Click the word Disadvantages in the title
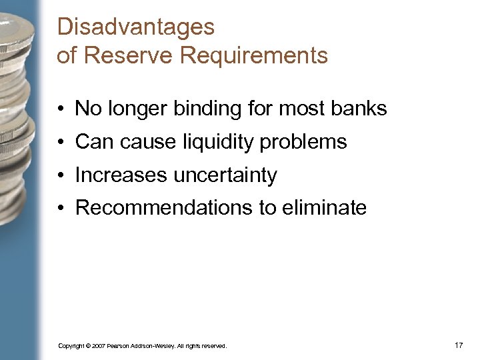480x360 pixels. point(136,27)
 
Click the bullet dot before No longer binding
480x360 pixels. point(60,109)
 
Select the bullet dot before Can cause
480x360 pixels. point(60,142)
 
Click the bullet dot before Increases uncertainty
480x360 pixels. point(60,175)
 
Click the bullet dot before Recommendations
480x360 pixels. point(60,209)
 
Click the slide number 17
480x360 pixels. point(458,345)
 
